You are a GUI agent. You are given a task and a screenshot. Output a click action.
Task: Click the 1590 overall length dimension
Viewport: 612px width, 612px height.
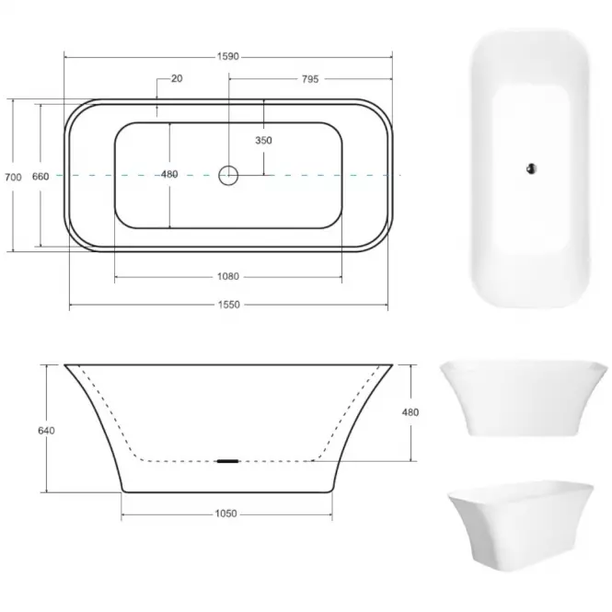point(228,56)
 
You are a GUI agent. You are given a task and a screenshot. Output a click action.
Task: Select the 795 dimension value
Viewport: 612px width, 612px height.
point(310,79)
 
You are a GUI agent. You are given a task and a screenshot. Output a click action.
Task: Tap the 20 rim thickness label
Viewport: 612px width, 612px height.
point(177,78)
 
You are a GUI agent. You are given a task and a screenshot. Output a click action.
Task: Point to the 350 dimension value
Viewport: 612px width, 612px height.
point(263,140)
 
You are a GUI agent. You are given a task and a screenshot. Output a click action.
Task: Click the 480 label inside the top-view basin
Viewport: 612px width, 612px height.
point(169,174)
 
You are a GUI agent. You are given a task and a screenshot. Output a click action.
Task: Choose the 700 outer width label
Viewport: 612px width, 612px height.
point(13,178)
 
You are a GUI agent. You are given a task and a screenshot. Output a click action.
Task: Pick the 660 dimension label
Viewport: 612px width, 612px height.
point(40,177)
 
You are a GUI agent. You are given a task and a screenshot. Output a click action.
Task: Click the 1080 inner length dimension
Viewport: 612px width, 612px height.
point(228,276)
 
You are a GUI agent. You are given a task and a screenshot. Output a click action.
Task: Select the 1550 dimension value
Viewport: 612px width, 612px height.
point(229,305)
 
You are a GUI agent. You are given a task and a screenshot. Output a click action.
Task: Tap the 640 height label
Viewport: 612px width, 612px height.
point(46,431)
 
